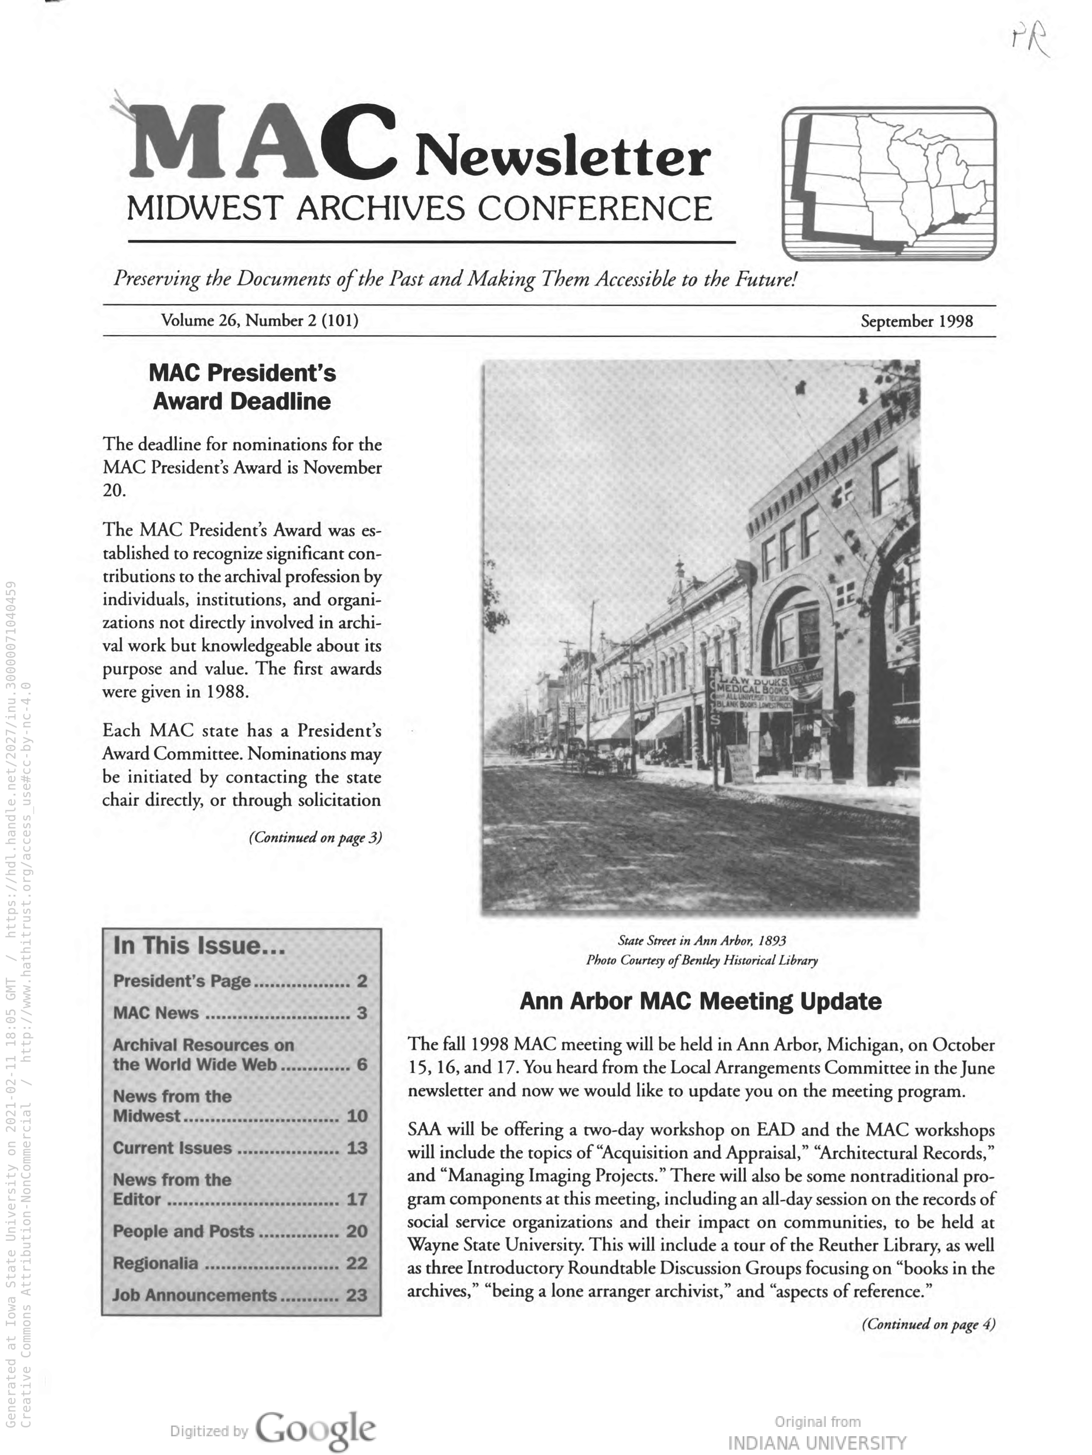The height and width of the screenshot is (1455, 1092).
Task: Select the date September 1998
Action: point(916,321)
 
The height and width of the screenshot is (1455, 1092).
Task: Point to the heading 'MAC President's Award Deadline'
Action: point(242,387)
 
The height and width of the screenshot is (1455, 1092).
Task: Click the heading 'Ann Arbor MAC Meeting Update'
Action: point(700,1001)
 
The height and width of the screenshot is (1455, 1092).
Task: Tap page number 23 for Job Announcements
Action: point(356,1295)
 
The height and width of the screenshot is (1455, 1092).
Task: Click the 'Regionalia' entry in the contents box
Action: point(155,1263)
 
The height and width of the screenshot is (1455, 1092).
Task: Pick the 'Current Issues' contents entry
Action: point(172,1148)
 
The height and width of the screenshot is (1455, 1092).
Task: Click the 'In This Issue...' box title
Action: point(199,946)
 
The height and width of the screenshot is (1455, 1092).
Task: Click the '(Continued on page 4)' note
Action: point(928,1324)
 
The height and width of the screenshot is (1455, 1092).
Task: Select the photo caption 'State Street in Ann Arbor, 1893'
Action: point(702,941)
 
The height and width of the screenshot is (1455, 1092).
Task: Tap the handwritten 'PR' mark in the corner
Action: point(1030,41)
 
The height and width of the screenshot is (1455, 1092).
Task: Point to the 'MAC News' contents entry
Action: point(156,1013)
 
